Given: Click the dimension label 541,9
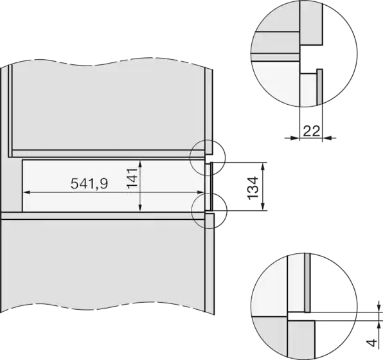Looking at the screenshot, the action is point(89,184).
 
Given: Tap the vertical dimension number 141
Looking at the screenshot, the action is point(132,179).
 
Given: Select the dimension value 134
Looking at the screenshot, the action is point(253,188).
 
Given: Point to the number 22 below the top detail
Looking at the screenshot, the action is point(311,131).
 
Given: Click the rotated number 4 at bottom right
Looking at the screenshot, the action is point(372,343).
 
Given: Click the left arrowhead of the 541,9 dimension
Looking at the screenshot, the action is point(26,193).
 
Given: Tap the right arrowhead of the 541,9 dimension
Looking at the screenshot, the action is point(200,193).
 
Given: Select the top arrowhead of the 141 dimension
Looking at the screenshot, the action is point(140,164).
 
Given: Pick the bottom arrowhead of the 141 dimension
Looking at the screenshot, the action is point(140,208).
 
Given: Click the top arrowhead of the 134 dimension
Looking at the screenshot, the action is point(263,166).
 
